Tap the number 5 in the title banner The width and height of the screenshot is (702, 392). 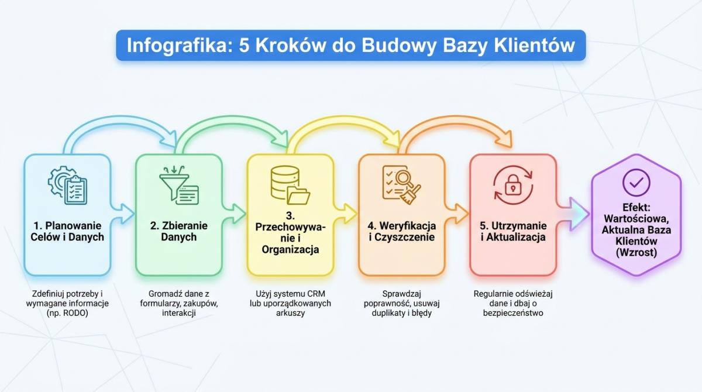click(244, 46)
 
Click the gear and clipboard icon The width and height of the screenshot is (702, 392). click(67, 185)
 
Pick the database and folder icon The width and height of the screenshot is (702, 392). click(290, 185)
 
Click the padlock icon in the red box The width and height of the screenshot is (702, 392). click(513, 185)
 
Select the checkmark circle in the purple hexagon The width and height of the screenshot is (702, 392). click(636, 183)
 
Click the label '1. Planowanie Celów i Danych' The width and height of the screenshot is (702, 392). click(67, 231)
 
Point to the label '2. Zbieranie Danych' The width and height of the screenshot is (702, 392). click(179, 231)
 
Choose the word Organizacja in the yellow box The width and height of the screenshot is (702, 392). click(290, 249)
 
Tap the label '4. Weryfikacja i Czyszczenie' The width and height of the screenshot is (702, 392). click(402, 231)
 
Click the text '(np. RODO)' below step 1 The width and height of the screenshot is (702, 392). click(67, 313)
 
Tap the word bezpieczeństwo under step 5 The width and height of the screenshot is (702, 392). click(513, 313)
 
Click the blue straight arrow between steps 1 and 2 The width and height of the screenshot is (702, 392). click(123, 214)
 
